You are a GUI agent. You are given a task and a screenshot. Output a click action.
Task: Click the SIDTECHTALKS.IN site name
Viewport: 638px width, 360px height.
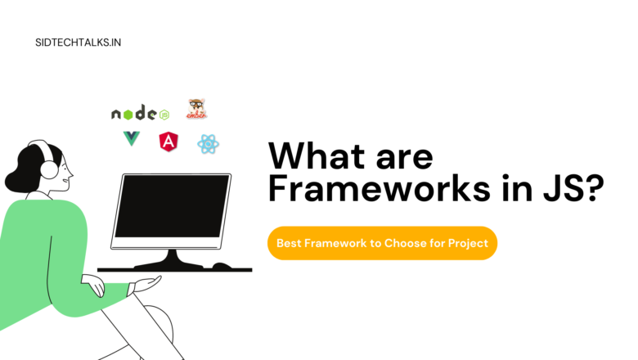click(78, 41)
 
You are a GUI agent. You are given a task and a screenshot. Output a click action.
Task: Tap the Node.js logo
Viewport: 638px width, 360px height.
click(140, 114)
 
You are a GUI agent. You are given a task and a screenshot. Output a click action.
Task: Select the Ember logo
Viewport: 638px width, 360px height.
click(196, 110)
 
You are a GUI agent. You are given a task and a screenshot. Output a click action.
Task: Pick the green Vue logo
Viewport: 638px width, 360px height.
click(131, 139)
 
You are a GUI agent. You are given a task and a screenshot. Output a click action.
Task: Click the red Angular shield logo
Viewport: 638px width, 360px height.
click(169, 141)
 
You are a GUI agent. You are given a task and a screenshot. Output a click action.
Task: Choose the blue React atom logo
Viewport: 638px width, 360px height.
click(209, 145)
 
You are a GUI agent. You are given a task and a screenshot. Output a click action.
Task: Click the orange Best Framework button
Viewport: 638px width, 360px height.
click(382, 243)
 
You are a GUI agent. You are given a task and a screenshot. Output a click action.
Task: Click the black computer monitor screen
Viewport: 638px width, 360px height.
click(172, 205)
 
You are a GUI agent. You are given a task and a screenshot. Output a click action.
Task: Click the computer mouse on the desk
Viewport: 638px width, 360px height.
click(222, 265)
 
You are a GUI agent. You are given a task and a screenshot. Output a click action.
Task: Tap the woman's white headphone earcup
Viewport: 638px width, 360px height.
click(49, 170)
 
